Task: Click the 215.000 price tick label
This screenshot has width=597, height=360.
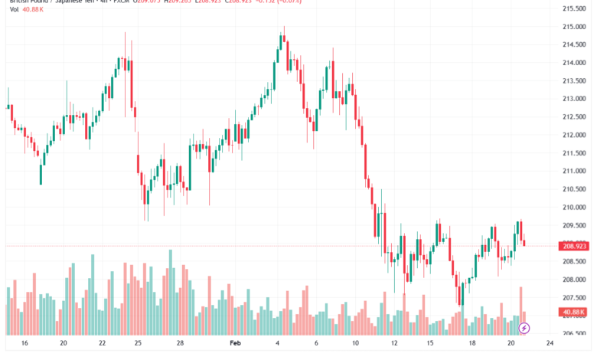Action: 574,27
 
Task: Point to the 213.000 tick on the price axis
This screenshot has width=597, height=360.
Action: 574,99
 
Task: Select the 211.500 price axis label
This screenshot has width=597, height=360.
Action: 574,153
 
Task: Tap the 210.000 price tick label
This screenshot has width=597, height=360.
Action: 574,207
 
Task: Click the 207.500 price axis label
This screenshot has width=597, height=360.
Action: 574,297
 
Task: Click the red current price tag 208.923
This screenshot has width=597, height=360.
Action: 574,246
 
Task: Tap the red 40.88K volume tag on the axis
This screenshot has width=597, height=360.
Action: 574,313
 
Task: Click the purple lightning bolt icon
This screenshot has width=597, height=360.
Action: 524,328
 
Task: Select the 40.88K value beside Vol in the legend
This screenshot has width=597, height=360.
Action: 33,10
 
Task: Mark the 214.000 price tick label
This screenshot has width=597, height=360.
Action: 574,63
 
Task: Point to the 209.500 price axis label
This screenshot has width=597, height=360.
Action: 574,225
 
